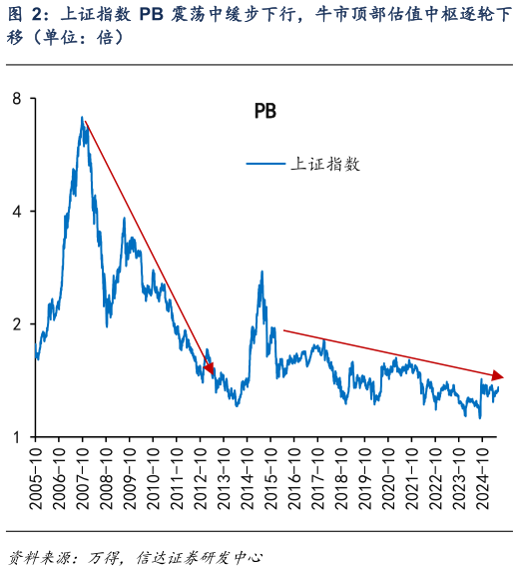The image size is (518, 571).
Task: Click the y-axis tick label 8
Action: [18, 98]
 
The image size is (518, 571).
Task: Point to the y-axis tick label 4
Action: [18, 211]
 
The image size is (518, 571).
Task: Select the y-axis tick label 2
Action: [18, 324]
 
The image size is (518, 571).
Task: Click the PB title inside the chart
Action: [264, 112]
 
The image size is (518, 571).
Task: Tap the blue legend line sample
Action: [266, 164]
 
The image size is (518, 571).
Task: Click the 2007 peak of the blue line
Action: [82, 118]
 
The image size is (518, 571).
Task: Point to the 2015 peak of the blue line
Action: [261, 272]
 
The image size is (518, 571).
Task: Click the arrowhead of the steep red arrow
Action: [210, 368]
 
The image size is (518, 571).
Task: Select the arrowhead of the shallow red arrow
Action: [499, 376]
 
